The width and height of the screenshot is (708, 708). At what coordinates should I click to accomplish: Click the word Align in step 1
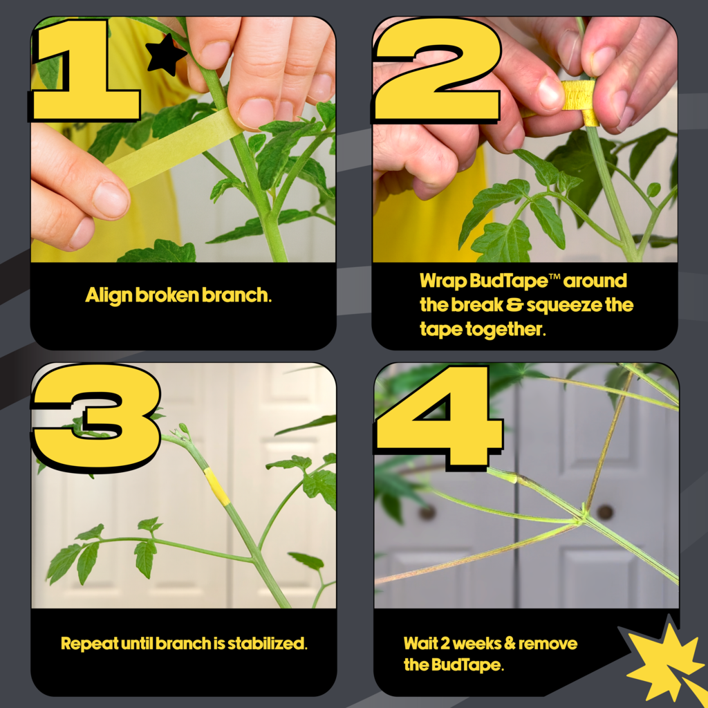[109, 295]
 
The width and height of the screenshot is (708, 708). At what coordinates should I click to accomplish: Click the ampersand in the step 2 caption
[514, 305]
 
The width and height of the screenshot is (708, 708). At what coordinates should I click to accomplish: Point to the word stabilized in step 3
[267, 644]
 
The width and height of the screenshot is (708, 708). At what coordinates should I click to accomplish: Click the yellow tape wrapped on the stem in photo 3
[216, 487]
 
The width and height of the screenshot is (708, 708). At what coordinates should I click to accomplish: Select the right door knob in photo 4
[605, 512]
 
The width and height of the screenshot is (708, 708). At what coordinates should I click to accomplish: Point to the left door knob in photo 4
[427, 512]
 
